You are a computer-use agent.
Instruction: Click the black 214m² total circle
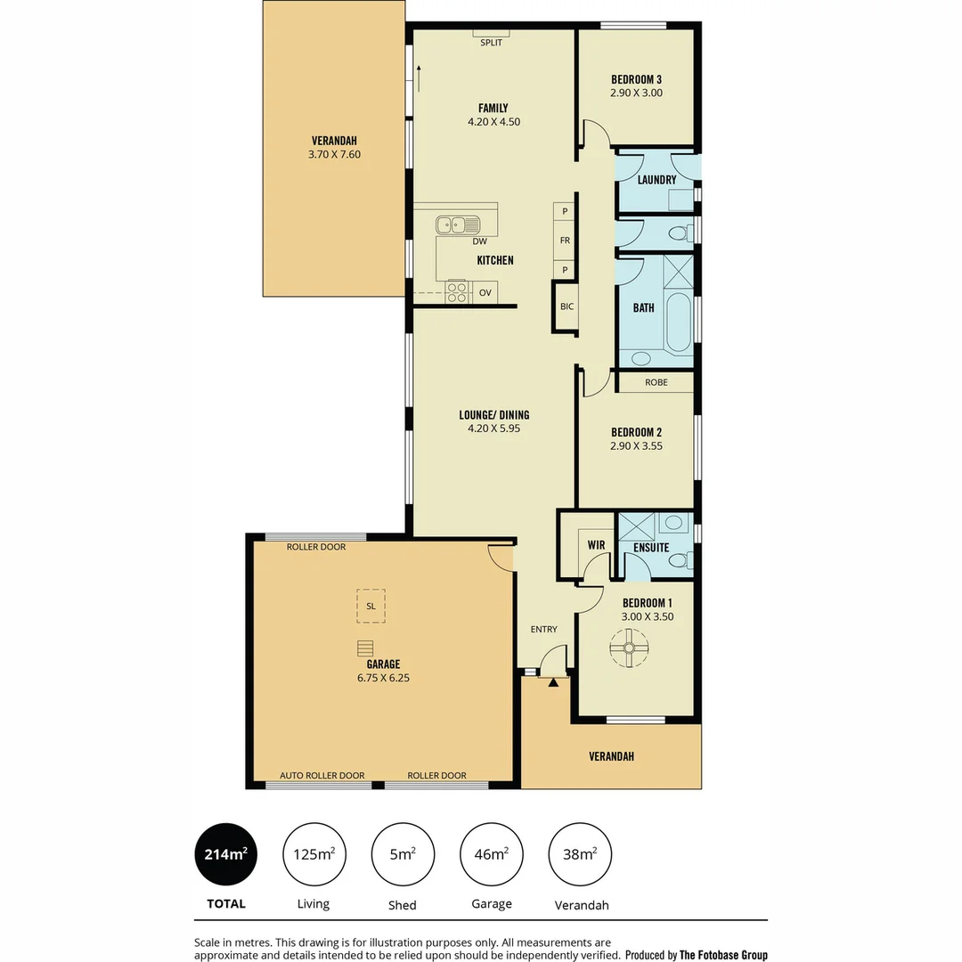click(x=225, y=854)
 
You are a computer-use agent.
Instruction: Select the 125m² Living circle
click(x=314, y=854)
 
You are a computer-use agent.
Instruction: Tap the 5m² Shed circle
click(x=402, y=854)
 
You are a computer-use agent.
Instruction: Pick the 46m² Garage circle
click(x=491, y=854)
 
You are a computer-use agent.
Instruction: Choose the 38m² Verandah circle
click(x=580, y=854)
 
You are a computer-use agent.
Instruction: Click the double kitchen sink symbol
click(x=457, y=224)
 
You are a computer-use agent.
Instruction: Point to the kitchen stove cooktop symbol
click(x=457, y=291)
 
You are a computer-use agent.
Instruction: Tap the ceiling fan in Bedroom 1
click(x=629, y=648)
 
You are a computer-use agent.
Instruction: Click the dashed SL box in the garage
click(x=371, y=605)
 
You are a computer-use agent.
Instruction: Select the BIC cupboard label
click(x=567, y=306)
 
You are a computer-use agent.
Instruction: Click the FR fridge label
click(x=565, y=240)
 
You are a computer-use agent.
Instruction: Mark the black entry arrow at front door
click(x=553, y=682)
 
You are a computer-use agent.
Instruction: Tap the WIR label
click(x=596, y=544)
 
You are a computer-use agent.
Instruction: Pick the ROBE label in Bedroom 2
click(x=656, y=383)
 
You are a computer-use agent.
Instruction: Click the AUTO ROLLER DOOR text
click(x=322, y=775)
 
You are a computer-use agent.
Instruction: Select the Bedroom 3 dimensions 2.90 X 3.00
click(x=636, y=93)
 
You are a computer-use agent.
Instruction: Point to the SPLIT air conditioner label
click(x=491, y=42)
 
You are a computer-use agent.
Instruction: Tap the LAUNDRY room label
click(x=657, y=180)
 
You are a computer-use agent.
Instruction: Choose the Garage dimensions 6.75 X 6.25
click(x=383, y=677)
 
